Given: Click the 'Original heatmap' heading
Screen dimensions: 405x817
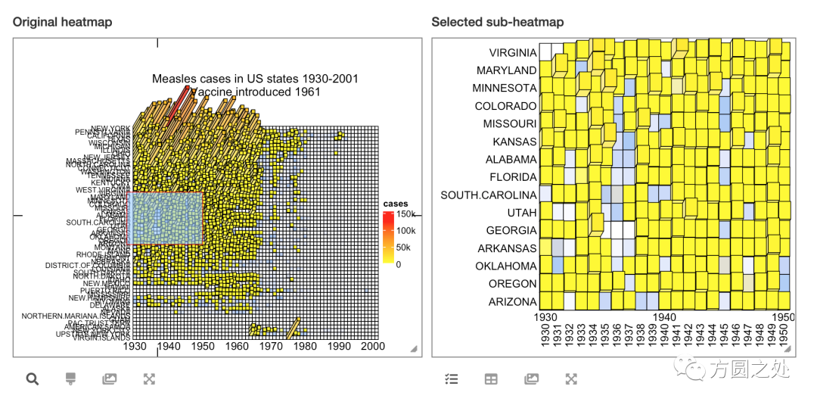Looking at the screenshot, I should click(62, 22).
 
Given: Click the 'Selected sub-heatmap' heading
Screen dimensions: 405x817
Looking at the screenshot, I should click(497, 22).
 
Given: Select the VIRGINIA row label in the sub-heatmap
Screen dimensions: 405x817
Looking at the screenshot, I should click(512, 53).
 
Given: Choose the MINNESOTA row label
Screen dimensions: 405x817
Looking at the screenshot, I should click(505, 89).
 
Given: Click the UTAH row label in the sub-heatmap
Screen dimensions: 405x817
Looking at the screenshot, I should click(522, 213).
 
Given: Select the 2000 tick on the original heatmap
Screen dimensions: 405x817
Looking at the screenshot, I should click(373, 346).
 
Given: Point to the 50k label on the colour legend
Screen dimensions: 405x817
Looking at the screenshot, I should click(404, 248).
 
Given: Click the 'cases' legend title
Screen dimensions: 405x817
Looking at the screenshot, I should click(396, 204).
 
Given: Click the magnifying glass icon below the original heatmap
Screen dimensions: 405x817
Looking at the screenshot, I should click(33, 379).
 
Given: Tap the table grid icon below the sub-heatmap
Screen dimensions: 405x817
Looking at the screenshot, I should click(491, 379).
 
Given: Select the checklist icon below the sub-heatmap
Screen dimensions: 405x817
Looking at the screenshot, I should click(452, 379).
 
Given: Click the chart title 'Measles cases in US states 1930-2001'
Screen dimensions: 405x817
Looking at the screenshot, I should click(255, 79).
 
